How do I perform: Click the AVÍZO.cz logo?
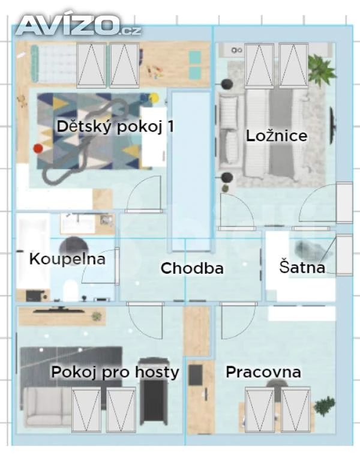(79, 25)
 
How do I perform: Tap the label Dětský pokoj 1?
(115, 127)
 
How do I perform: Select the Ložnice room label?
(277, 136)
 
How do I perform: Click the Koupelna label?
(67, 259)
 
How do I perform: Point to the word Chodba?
(192, 268)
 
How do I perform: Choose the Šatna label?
(302, 267)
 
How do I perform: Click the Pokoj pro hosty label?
(115, 372)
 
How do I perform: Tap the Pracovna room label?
(263, 372)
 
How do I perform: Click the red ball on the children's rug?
(38, 148)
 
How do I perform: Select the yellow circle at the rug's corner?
(154, 98)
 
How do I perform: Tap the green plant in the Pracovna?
(325, 406)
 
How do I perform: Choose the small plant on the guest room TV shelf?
(96, 317)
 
